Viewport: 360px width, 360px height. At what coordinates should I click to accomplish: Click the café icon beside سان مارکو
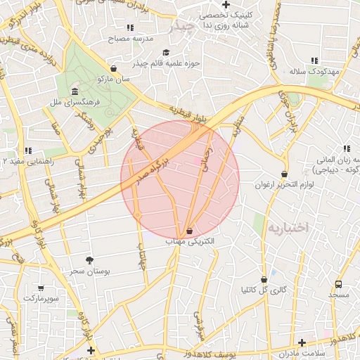point(113,69)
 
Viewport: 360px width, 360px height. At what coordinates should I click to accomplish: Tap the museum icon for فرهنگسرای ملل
point(75,91)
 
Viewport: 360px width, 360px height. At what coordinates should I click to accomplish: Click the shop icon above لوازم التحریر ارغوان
point(284,174)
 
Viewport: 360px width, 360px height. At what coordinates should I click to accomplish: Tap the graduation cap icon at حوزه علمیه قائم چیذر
point(166,52)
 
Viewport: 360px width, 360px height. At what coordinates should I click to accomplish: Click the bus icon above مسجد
point(339,285)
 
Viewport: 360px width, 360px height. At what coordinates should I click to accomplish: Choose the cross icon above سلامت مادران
point(302,342)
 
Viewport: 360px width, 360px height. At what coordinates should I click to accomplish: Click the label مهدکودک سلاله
point(314,72)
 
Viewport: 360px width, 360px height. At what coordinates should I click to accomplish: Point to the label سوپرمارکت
point(41,298)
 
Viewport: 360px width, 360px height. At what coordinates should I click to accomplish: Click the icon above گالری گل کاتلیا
point(264,279)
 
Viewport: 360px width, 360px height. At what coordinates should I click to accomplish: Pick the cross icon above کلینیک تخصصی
point(226,4)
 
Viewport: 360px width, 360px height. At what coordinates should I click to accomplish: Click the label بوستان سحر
point(87,271)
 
